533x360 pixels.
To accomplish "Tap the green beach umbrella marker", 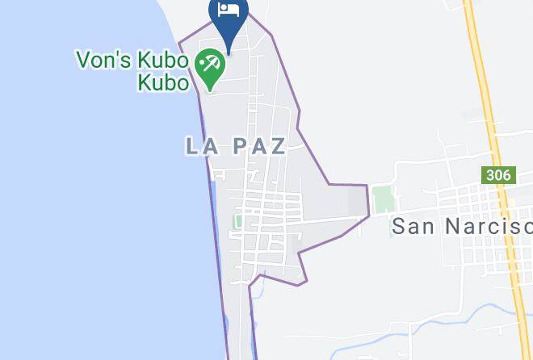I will click(x=211, y=65).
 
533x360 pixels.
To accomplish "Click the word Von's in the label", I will click(x=101, y=60).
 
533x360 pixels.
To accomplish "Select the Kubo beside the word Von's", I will click(x=160, y=60).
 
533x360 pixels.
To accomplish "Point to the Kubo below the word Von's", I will click(x=162, y=82).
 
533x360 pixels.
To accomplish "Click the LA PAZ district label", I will click(x=236, y=146).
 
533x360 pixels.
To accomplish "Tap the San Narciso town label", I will click(x=461, y=225).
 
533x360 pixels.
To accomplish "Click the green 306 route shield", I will click(x=498, y=175).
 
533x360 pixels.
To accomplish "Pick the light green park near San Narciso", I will click(x=383, y=199).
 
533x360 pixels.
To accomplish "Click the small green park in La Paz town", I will click(x=239, y=220).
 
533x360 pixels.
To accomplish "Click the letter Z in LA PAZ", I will click(x=277, y=146).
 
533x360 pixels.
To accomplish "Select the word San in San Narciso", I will click(x=413, y=225).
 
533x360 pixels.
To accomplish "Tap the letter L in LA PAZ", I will click(x=193, y=146).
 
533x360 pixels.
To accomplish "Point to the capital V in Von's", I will click(x=84, y=60).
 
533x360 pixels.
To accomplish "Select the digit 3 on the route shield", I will click(x=491, y=175).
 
